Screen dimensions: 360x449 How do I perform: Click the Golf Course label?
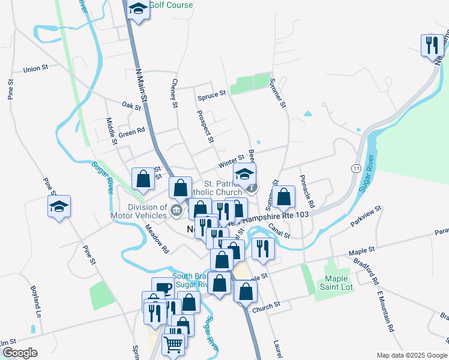170,5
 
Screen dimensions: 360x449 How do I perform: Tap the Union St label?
35,69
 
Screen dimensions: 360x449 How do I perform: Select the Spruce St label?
211,94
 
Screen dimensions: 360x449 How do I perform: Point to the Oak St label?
131,107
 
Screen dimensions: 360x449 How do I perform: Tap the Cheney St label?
175,94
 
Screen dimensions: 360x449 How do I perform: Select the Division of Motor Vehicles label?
139,211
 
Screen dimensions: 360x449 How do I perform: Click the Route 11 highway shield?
357,169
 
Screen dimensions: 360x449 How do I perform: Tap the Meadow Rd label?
157,238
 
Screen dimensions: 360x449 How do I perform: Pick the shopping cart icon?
173,344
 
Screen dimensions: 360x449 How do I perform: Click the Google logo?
20,353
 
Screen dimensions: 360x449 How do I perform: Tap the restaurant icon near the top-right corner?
432,46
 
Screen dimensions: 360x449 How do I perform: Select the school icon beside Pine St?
59,207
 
